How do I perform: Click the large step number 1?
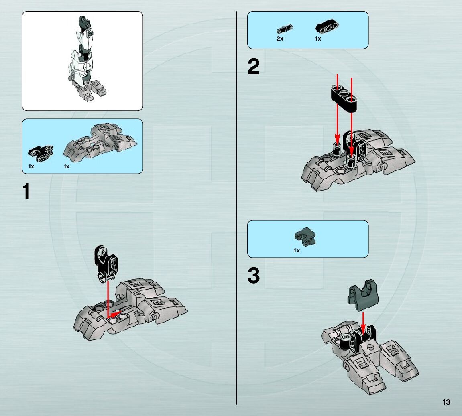(26, 192)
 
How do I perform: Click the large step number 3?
(253, 276)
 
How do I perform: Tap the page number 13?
(446, 402)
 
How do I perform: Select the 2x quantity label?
(280, 39)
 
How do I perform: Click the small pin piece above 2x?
(284, 29)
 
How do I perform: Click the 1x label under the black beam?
(318, 39)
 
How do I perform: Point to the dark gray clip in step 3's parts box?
(305, 237)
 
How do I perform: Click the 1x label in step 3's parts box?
(297, 251)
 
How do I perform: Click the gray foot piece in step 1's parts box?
(100, 142)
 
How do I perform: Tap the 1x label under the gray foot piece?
(67, 166)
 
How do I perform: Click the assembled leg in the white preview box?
(86, 59)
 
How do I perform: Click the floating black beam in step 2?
(344, 98)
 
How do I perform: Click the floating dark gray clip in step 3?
(363, 295)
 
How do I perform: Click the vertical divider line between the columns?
(236, 208)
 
